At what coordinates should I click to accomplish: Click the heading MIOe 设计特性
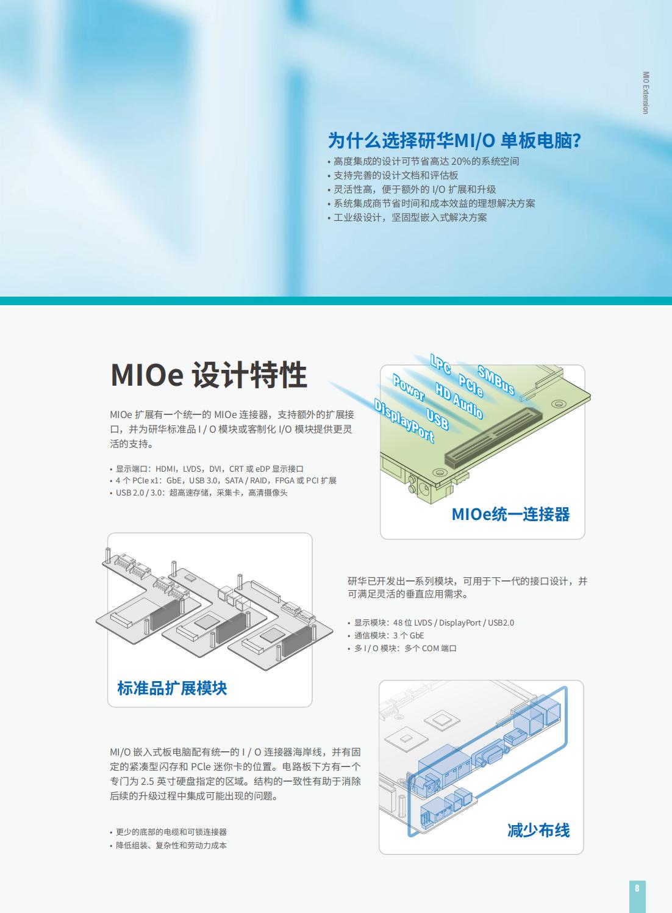(209, 375)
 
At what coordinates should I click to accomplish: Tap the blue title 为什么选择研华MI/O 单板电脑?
(454, 140)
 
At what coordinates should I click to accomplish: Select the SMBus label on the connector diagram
(496, 380)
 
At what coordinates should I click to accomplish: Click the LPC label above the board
(440, 364)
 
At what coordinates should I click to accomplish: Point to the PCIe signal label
(471, 385)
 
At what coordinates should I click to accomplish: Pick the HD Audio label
(459, 400)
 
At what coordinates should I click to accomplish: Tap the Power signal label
(409, 388)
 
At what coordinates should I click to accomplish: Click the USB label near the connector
(437, 419)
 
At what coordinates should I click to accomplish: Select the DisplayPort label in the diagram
(404, 420)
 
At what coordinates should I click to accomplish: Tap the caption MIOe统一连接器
(511, 514)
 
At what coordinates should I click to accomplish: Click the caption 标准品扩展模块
(172, 688)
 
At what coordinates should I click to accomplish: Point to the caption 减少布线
(538, 830)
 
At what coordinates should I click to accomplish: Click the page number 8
(637, 887)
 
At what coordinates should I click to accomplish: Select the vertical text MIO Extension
(646, 93)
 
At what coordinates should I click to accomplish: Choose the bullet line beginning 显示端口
(207, 469)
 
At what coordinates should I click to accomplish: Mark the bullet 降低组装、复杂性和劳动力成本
(168, 845)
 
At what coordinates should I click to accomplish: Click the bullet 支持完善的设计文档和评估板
(393, 175)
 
